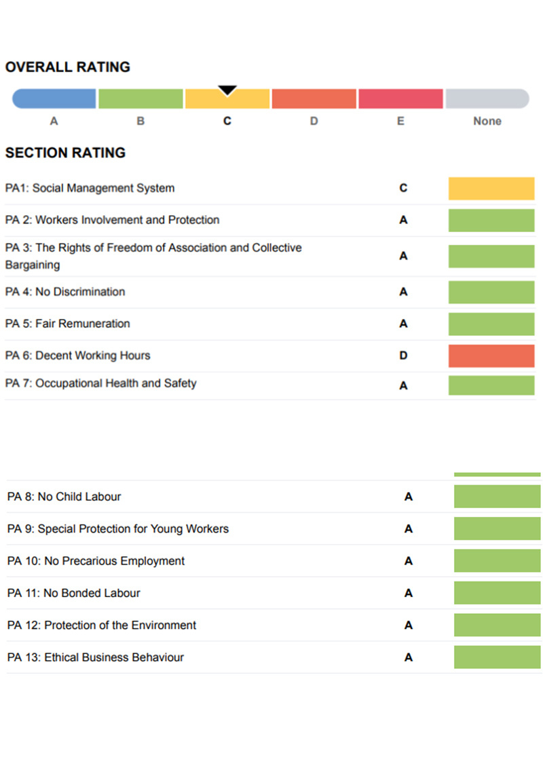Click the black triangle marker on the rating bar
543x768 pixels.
pyautogui.click(x=227, y=90)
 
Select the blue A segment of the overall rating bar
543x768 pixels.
pyautogui.click(x=54, y=99)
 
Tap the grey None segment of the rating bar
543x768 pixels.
pyautogui.click(x=487, y=99)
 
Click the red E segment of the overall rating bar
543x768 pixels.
pyautogui.click(x=400, y=99)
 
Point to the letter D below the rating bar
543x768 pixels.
pyautogui.click(x=314, y=121)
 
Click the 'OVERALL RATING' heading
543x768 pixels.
pyautogui.click(x=68, y=67)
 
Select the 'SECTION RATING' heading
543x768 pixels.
pyautogui.click(x=66, y=153)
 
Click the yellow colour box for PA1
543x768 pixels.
pyautogui.click(x=491, y=189)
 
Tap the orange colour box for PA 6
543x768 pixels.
pyautogui.click(x=491, y=356)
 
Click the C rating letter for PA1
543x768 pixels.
pyautogui.click(x=403, y=188)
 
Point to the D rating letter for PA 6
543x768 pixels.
pyautogui.click(x=403, y=356)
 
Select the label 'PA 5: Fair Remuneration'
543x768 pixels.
pyautogui.click(x=68, y=324)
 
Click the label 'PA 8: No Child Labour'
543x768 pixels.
pyautogui.click(x=64, y=497)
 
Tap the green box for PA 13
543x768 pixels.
pyautogui.click(x=497, y=657)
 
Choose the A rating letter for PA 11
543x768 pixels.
pyautogui.click(x=409, y=593)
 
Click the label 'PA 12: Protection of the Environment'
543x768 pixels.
pyautogui.click(x=102, y=625)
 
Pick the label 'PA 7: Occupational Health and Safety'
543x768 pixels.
pyautogui.click(x=101, y=383)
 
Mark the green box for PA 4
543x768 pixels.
pyautogui.click(x=491, y=292)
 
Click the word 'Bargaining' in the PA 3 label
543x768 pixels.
pyautogui.click(x=33, y=265)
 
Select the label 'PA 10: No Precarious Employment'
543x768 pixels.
pyautogui.click(x=96, y=561)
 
